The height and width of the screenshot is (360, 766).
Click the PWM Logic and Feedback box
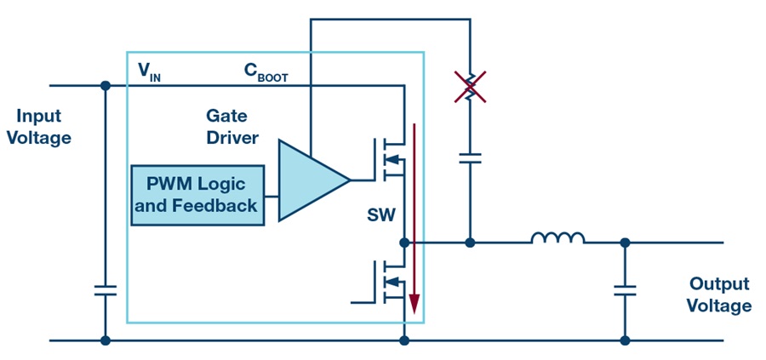[x=197, y=196]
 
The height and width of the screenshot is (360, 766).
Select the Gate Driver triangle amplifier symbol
[x=313, y=180]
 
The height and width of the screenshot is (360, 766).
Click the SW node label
[x=381, y=215]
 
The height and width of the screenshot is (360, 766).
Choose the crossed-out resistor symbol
[x=470, y=87]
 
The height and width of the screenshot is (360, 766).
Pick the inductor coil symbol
[x=557, y=238]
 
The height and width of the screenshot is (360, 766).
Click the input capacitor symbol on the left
[x=105, y=290]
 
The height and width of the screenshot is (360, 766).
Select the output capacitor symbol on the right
[x=625, y=290]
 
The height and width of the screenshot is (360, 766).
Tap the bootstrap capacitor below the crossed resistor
[x=470, y=158]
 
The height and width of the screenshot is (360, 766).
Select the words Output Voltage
[x=719, y=294]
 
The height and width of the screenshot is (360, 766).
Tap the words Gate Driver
[x=232, y=127]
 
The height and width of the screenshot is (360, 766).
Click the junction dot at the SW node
[x=404, y=243]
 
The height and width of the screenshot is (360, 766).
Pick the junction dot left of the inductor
[x=470, y=243]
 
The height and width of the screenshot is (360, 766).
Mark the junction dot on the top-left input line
[x=105, y=85]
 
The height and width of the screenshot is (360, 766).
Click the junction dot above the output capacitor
[x=625, y=243]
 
